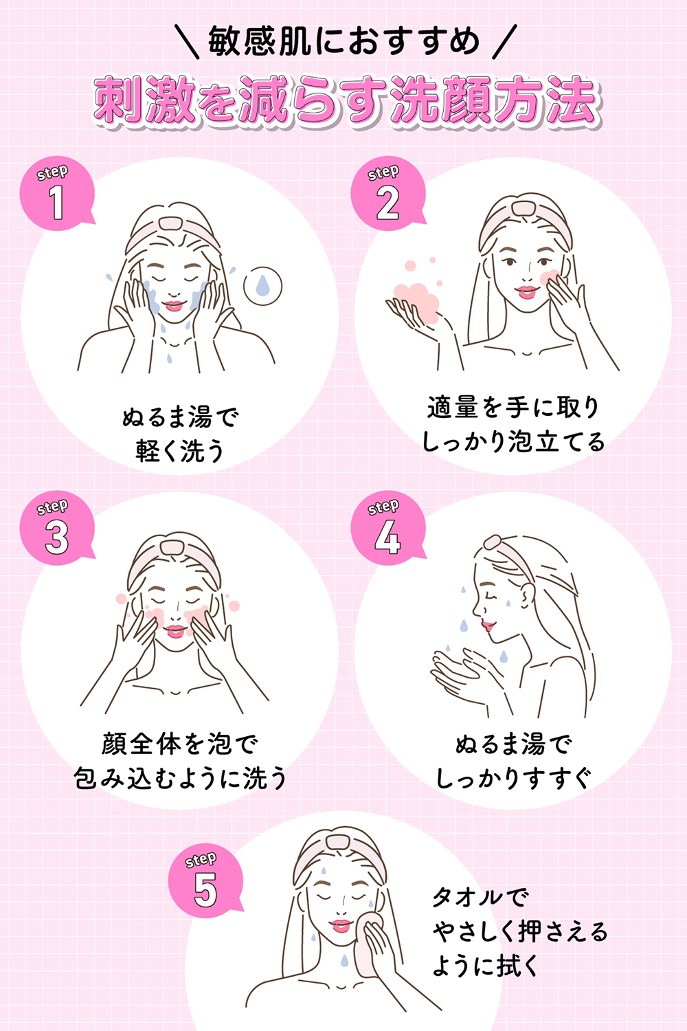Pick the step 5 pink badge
pos(205,882)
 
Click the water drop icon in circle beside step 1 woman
pos(263,285)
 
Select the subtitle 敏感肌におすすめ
pos(343,41)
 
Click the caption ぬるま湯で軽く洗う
pos(180,434)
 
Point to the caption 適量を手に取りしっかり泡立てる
pos(513,424)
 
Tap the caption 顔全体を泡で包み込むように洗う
pos(180,761)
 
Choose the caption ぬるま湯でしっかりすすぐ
pos(513,761)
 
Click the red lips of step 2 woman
pos(528,291)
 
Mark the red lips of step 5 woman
pos(341,925)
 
